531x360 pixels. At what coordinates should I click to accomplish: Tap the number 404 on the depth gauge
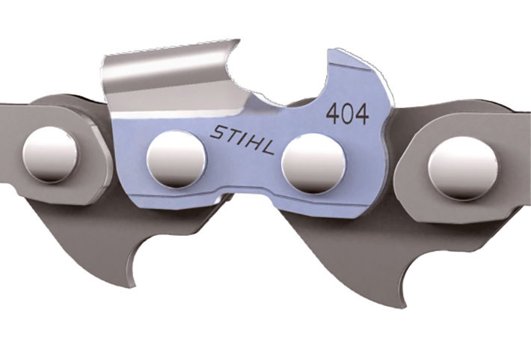click(347, 115)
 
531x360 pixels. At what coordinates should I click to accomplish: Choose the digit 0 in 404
click(347, 115)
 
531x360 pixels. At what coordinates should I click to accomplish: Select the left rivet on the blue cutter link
click(176, 159)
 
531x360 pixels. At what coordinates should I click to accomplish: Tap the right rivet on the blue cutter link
click(313, 164)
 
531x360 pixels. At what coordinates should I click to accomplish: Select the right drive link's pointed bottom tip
click(404, 303)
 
